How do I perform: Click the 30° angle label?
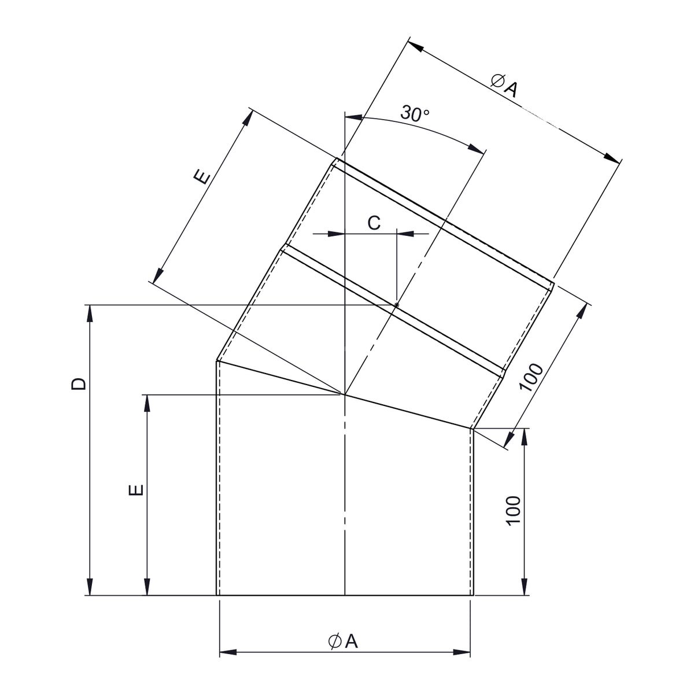click(x=415, y=113)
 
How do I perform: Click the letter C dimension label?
click(x=374, y=223)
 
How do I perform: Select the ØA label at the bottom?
click(x=343, y=641)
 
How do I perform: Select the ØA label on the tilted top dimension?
click(x=504, y=85)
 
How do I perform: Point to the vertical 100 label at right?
click(x=514, y=511)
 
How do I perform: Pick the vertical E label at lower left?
click(x=136, y=490)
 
